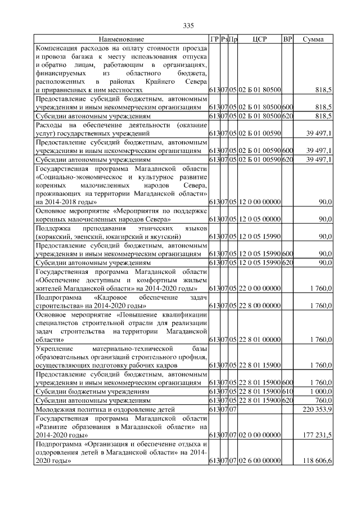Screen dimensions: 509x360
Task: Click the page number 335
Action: pos(188,25)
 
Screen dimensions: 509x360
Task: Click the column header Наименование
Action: pos(121,39)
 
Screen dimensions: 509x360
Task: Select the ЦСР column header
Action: pos(259,39)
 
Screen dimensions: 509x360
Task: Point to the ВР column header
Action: pos(287,39)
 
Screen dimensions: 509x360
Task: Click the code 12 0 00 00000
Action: pos(259,201)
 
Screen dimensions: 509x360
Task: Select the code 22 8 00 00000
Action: pos(259,305)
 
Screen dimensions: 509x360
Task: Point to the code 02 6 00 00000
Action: pos(259,461)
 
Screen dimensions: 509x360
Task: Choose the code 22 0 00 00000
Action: pos(259,289)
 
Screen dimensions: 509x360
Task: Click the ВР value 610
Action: pos(287,391)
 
